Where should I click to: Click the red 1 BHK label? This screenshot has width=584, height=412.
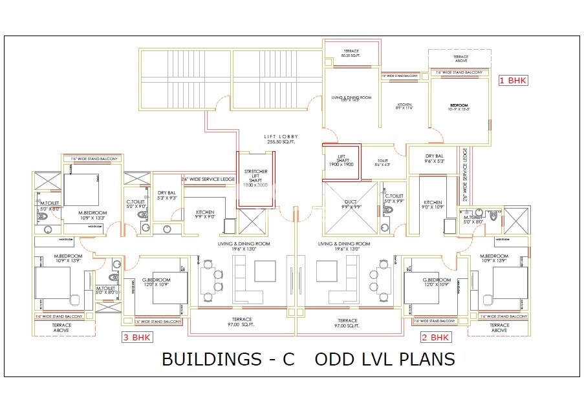click(513, 81)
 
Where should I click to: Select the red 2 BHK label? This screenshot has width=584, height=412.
click(435, 337)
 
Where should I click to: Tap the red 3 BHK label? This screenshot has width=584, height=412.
click(137, 337)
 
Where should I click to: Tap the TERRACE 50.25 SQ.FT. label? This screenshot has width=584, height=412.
click(351, 54)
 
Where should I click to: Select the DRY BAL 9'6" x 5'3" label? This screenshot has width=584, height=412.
click(435, 158)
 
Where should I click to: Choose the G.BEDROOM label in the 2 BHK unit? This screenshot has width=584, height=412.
click(435, 282)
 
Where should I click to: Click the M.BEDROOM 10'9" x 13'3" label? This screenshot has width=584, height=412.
click(92, 215)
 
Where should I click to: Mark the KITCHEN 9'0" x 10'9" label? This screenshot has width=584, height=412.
click(433, 205)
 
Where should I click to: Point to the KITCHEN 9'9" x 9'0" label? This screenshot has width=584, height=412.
click(205, 214)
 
